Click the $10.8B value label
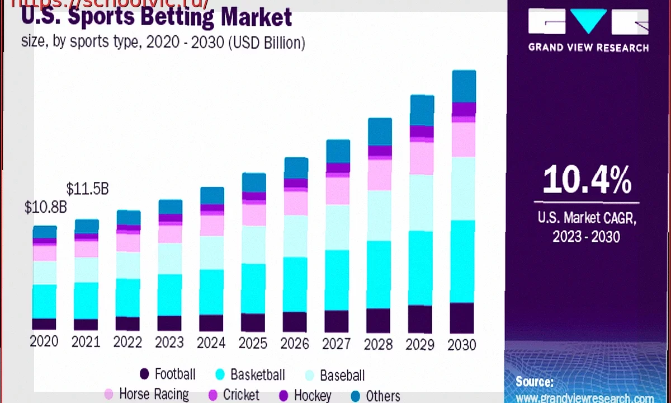(x=45, y=207)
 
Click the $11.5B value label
(x=87, y=189)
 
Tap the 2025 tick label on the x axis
(x=253, y=342)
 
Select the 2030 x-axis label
(x=462, y=344)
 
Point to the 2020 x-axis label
(x=44, y=341)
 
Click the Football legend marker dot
(x=144, y=374)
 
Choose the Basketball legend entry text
(x=258, y=374)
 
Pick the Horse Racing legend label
(x=154, y=394)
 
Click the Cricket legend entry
(x=241, y=395)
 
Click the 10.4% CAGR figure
(x=587, y=180)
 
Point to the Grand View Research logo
(x=588, y=28)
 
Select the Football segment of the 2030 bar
(x=462, y=318)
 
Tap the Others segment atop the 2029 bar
(x=422, y=110)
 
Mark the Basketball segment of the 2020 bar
(x=44, y=301)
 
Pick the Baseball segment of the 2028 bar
(x=380, y=215)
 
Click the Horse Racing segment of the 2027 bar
(x=338, y=190)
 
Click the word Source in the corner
(x=534, y=382)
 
